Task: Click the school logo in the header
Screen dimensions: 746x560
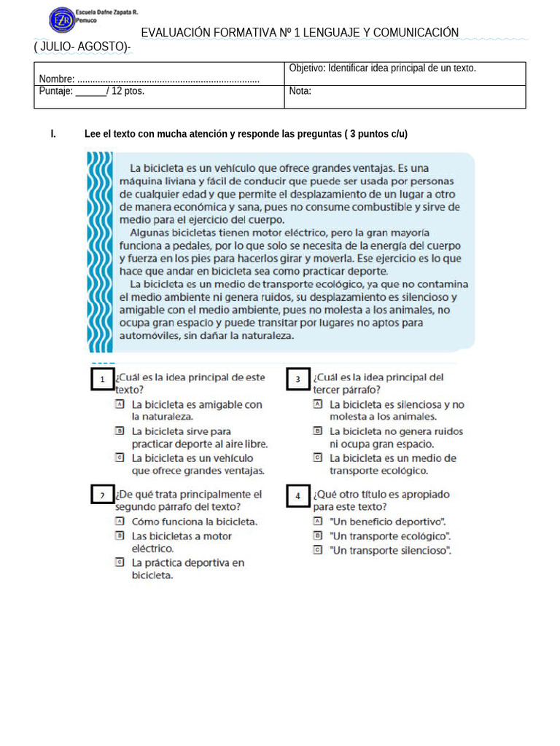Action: (61, 20)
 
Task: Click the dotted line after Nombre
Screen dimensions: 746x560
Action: (168, 79)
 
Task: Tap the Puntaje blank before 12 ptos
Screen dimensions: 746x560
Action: (90, 92)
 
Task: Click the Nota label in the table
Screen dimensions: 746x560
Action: (300, 91)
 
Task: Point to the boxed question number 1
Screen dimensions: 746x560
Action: (103, 380)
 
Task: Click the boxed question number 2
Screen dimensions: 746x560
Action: (103, 495)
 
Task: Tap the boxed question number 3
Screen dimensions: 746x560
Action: (298, 380)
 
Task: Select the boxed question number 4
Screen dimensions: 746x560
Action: (298, 495)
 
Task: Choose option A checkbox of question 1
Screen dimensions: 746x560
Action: (120, 404)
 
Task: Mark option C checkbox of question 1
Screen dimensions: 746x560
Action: (120, 458)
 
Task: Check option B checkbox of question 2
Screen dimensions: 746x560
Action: (120, 535)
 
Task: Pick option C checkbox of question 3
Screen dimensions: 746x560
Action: (317, 458)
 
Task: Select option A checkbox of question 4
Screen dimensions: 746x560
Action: (317, 522)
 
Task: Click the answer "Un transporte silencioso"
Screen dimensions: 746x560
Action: (390, 550)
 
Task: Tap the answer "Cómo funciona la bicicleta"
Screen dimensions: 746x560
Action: (194, 522)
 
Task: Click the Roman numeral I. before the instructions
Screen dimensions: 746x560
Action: (53, 134)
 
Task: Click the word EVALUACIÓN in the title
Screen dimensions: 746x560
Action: (174, 33)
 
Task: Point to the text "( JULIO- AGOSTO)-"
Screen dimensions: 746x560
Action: (82, 47)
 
